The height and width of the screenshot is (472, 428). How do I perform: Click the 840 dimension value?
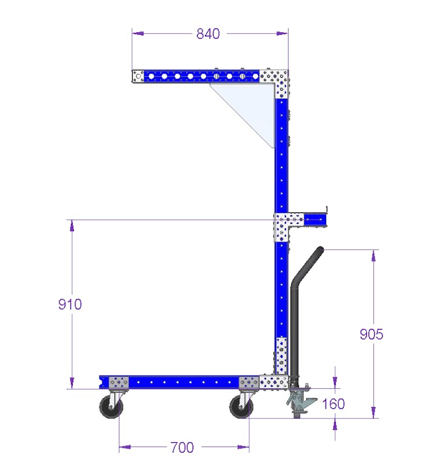point(208,34)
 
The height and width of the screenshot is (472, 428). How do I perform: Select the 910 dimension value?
point(70,304)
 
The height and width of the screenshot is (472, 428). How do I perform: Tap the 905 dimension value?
point(371,334)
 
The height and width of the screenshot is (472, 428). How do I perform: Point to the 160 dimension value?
point(333,403)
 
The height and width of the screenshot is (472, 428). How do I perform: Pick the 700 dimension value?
point(182,448)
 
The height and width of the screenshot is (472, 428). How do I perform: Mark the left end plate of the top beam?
point(139,76)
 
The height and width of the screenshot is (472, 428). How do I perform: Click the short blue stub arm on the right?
point(315,219)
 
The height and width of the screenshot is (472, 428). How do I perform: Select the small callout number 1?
point(327,209)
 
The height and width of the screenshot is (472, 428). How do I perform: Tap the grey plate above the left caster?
point(119,383)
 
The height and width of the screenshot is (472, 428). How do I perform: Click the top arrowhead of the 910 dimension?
point(72,225)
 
